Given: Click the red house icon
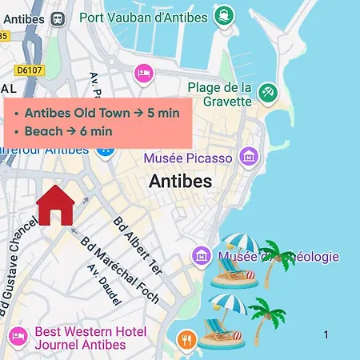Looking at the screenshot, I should (x=55, y=204).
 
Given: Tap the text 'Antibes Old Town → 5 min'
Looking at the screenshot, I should (x=102, y=113).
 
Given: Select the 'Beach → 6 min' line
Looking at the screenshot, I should (x=68, y=131).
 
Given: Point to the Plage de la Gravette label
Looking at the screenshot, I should (x=221, y=94).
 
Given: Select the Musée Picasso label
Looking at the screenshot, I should (x=188, y=158).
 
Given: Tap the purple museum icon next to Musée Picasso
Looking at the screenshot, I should (x=250, y=158).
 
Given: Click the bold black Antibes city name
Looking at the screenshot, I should (x=180, y=182).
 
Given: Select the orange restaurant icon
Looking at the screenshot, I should (x=187, y=339).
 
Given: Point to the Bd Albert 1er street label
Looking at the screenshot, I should (x=138, y=245).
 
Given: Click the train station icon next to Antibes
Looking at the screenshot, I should (x=58, y=17).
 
